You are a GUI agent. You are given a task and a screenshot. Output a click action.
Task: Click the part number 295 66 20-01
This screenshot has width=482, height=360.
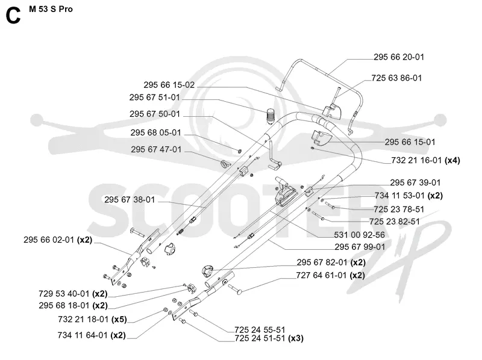(x=399, y=57)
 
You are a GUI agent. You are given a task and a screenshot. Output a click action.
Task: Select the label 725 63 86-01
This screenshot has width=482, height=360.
(x=396, y=78)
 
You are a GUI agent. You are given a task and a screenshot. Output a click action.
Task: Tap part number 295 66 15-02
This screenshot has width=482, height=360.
(x=169, y=85)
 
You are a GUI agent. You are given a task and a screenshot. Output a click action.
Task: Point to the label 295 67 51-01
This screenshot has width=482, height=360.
(x=154, y=98)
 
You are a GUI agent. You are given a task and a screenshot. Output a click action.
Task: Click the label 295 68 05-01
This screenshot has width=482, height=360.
(x=155, y=132)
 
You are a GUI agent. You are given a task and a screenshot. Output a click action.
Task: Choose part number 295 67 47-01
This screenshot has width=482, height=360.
(x=156, y=149)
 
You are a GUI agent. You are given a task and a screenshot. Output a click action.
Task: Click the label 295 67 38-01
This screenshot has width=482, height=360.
(x=130, y=200)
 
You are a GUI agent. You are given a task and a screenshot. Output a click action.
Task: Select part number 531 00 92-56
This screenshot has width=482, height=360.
(x=359, y=235)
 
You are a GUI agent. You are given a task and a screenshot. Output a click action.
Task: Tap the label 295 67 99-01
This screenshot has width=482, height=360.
(x=360, y=247)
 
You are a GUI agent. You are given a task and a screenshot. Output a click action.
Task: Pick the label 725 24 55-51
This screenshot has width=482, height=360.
(x=260, y=330)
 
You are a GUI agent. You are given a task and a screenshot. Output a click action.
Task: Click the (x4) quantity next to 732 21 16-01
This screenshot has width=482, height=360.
(x=452, y=160)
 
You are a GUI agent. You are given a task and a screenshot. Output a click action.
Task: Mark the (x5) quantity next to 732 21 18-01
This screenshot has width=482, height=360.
(x=119, y=320)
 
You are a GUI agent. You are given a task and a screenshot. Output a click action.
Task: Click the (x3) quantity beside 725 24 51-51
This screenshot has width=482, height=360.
(x=296, y=338)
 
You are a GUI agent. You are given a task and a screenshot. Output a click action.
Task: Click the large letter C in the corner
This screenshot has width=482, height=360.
(x=13, y=16)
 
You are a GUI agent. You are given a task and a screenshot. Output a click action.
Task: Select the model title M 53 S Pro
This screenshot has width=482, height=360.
(x=51, y=9)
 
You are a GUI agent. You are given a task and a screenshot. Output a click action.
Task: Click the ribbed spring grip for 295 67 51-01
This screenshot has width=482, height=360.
(x=271, y=116)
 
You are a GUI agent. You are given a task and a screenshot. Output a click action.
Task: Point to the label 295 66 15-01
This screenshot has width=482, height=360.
(x=410, y=142)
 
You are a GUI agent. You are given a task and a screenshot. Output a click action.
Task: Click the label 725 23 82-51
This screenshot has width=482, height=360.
(x=395, y=222)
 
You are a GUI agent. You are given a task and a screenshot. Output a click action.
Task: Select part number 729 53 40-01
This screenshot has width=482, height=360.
(x=64, y=294)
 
